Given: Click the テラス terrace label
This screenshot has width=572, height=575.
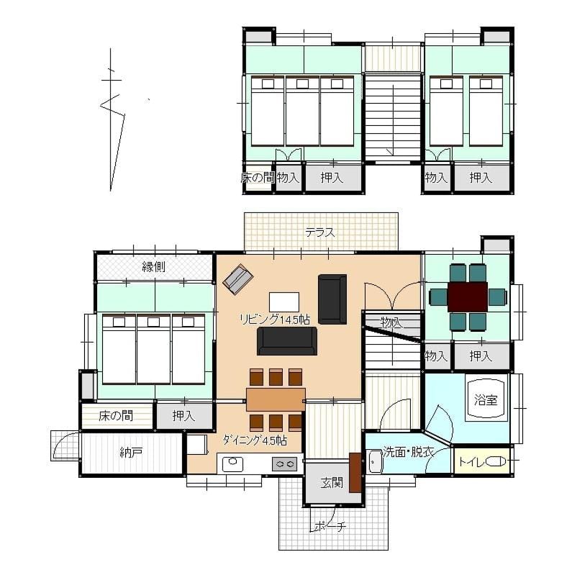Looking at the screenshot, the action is [320, 232].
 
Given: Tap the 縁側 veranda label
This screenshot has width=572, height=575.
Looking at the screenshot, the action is [153, 266].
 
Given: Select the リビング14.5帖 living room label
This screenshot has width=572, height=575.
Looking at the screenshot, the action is [275, 320].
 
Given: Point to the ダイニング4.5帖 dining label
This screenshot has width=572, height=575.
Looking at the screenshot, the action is [255, 440].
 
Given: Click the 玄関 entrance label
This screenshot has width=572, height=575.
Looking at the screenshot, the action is [332, 483].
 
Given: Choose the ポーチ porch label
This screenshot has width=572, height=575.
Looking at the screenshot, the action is [330, 527].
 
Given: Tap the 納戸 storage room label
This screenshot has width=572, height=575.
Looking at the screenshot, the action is [131, 453].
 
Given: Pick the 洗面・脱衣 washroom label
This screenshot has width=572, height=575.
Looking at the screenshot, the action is [408, 451].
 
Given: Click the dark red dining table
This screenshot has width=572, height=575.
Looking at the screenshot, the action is [468, 297].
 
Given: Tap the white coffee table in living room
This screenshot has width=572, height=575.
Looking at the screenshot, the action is [284, 302].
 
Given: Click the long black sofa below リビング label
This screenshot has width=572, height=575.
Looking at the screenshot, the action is [287, 341].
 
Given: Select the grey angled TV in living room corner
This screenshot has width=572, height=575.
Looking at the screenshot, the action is [238, 279].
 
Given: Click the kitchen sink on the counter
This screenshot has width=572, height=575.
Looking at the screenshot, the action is [233, 464].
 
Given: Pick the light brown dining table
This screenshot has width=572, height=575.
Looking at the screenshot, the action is [276, 399].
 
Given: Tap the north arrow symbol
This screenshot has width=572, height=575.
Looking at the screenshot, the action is [112, 119].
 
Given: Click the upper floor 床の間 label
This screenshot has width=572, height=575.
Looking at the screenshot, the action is [258, 178].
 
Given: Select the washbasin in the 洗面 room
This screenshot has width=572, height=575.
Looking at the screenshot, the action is [376, 462].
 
